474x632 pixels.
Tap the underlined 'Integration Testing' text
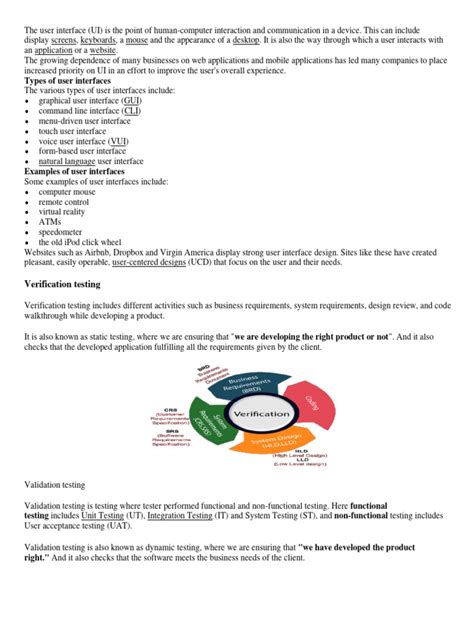point(180,516)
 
